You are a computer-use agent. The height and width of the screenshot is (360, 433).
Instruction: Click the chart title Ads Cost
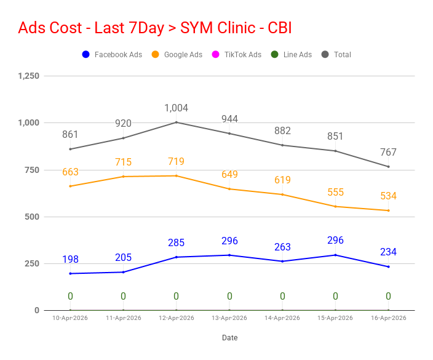pos(154,28)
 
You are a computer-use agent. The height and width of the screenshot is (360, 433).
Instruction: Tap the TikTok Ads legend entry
pos(236,55)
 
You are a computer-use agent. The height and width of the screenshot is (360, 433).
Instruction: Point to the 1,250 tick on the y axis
pos(29,76)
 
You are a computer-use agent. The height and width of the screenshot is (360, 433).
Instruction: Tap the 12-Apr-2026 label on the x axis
pos(177,318)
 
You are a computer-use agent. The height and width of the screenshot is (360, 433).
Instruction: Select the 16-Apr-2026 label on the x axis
pos(389,318)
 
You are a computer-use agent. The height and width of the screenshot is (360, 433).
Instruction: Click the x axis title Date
pos(229,338)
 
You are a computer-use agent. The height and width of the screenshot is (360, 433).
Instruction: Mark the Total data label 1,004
pos(176,108)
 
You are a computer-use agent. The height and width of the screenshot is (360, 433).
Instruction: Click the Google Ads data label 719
pos(176,162)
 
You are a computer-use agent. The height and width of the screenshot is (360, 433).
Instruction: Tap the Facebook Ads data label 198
pos(70,259)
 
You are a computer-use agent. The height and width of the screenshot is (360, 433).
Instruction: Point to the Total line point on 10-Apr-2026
pos(70,149)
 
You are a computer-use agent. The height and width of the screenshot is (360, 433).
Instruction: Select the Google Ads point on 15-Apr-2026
pos(335,206)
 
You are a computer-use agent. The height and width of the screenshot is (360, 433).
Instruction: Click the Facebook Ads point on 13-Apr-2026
pos(229,255)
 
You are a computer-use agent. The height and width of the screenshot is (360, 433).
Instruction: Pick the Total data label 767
pos(388,153)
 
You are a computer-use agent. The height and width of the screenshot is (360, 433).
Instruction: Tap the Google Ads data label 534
pos(388,196)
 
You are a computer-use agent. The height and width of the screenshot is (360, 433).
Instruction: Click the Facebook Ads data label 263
pos(282,247)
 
